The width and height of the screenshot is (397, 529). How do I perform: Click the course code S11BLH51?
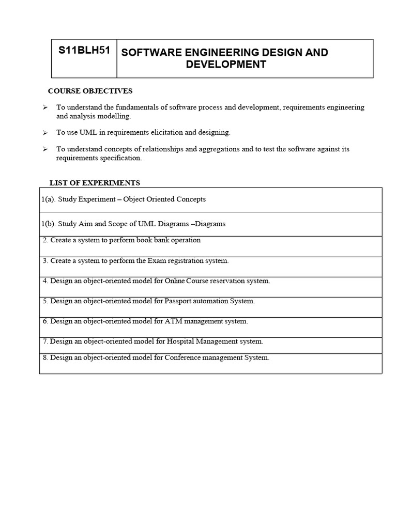(x=84, y=51)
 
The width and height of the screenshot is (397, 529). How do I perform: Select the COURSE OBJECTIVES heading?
(x=90, y=91)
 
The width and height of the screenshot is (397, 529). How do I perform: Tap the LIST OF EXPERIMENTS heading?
(x=95, y=182)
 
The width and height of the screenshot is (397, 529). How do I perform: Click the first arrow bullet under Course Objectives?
(x=45, y=107)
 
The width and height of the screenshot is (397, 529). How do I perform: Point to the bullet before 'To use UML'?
(x=45, y=133)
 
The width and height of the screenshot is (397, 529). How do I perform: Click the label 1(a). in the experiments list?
(x=49, y=199)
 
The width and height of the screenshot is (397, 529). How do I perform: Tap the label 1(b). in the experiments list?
(x=49, y=224)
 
